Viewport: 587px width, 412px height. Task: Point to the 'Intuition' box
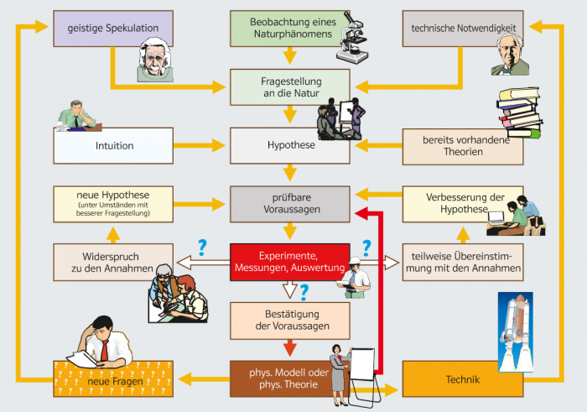pyautogui.click(x=114, y=145)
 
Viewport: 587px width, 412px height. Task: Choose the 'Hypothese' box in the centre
pyautogui.click(x=289, y=145)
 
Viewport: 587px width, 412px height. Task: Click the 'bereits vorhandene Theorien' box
pyautogui.click(x=462, y=145)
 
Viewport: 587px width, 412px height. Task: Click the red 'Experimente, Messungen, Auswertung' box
pyautogui.click(x=289, y=262)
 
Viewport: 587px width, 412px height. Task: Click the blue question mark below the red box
pyautogui.click(x=304, y=291)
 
